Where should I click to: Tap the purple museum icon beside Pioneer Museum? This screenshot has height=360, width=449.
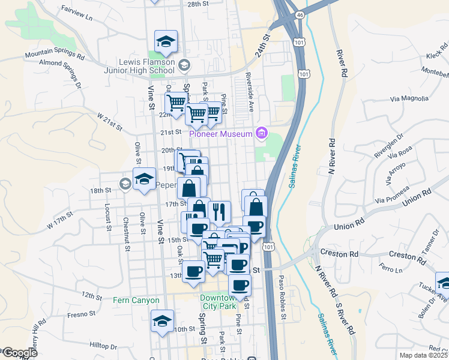[x=261, y=133]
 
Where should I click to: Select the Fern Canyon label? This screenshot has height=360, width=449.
[x=136, y=300]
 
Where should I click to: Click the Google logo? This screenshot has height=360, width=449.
[x=19, y=353]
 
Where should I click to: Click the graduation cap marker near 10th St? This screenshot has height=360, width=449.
[x=162, y=322]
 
